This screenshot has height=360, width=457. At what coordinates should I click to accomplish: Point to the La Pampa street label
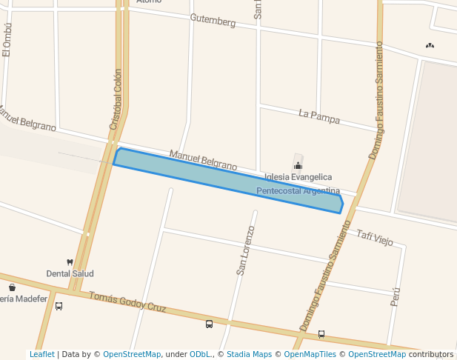pyautogui.click(x=319, y=115)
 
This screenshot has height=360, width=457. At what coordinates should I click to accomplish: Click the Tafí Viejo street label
pyautogui.click(x=374, y=236)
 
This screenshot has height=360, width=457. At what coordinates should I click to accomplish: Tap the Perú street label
pyautogui.click(x=396, y=296)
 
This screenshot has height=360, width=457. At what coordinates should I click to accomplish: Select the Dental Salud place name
pyautogui.click(x=70, y=273)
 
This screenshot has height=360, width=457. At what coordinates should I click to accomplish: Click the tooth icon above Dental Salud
pyautogui.click(x=70, y=262)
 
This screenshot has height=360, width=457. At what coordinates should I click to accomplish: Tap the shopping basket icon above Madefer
pyautogui.click(x=12, y=287)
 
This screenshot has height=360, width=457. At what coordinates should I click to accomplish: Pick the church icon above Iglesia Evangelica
pyautogui.click(x=298, y=165)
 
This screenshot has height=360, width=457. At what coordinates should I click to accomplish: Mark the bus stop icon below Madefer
pyautogui.click(x=59, y=305)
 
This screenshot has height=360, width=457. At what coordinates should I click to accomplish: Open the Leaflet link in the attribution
pyautogui.click(x=41, y=354)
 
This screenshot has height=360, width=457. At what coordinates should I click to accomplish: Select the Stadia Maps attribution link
pyautogui.click(x=249, y=354)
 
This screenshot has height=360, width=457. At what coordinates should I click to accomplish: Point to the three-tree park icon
pyautogui.click(x=430, y=46)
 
